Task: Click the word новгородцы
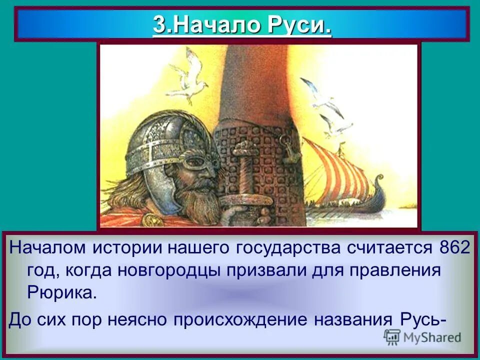point(167,271)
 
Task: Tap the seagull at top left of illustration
point(187,75)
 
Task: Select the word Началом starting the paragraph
point(47,249)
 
